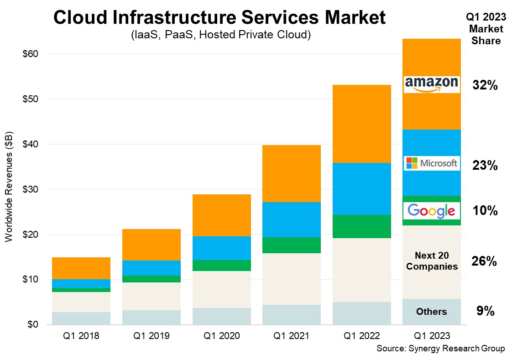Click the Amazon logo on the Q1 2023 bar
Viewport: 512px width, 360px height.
click(x=431, y=84)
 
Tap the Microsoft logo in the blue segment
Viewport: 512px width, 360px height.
click(x=431, y=163)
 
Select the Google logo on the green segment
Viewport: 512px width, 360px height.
click(x=431, y=210)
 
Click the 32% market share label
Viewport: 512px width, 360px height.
click(x=485, y=85)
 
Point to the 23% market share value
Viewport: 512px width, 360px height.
click(x=485, y=166)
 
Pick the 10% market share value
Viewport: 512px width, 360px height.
click(x=485, y=211)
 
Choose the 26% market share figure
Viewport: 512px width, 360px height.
click(x=484, y=261)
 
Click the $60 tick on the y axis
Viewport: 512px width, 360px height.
click(x=30, y=54)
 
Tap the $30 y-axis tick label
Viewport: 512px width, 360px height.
click(x=30, y=189)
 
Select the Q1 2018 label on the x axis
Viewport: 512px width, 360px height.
click(x=81, y=336)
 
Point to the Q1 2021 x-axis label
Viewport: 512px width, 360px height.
click(x=291, y=336)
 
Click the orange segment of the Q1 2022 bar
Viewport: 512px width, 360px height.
click(x=361, y=124)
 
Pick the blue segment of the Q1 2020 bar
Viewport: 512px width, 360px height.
click(x=221, y=248)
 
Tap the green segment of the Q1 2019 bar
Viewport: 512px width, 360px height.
click(x=151, y=279)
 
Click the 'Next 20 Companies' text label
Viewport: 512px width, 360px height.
click(x=431, y=261)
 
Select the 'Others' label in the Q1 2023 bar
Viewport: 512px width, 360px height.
click(x=431, y=312)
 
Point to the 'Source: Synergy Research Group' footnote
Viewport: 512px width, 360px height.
click(x=440, y=349)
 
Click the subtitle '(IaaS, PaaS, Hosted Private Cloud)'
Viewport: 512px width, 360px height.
click(x=220, y=35)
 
